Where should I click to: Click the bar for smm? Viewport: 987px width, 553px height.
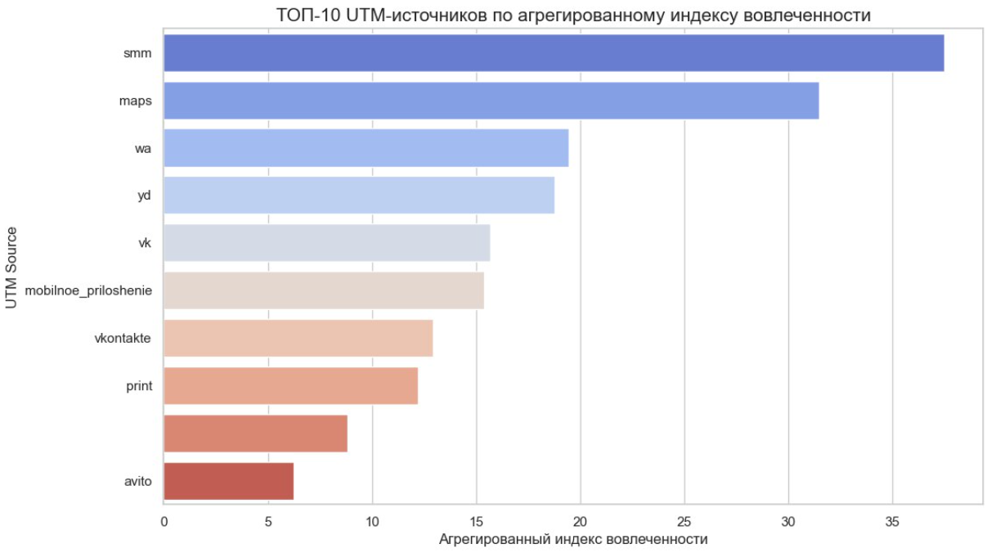554,53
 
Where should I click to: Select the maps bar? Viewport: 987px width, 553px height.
491,101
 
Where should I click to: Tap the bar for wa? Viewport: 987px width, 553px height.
366,148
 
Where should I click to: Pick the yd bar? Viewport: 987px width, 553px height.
359,196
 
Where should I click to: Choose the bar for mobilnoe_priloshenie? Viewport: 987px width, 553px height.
324,290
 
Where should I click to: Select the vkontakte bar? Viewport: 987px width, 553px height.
298,338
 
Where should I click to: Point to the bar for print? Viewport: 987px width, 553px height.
290,385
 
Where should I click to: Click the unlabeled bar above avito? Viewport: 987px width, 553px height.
255,433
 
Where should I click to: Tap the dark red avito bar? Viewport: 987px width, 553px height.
228,481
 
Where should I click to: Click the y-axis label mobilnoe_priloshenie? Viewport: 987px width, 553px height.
88,290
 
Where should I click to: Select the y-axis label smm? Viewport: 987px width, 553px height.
138,53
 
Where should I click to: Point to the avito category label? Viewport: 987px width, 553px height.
137,481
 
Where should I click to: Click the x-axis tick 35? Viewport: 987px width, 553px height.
892,521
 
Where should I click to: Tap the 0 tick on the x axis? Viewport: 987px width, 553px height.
164,521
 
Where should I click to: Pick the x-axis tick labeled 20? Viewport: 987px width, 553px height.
580,521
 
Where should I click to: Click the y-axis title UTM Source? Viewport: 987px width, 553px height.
11,268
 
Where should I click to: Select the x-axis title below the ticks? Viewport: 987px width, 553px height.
572,540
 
